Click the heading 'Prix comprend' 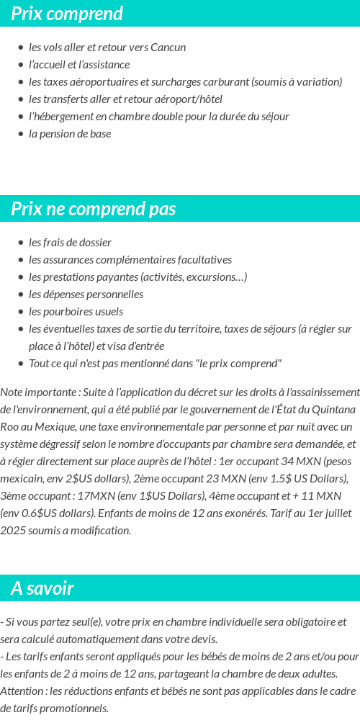pos(67,14)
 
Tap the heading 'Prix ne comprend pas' pos(94,209)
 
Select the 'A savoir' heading pos(42,588)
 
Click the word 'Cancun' pos(168,48)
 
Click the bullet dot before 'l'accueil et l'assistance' pos(21,65)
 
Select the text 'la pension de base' pos(70,134)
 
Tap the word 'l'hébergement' pos(59,117)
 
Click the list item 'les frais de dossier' pos(70,243)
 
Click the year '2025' pos(14,531)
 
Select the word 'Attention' pos(22,691)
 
